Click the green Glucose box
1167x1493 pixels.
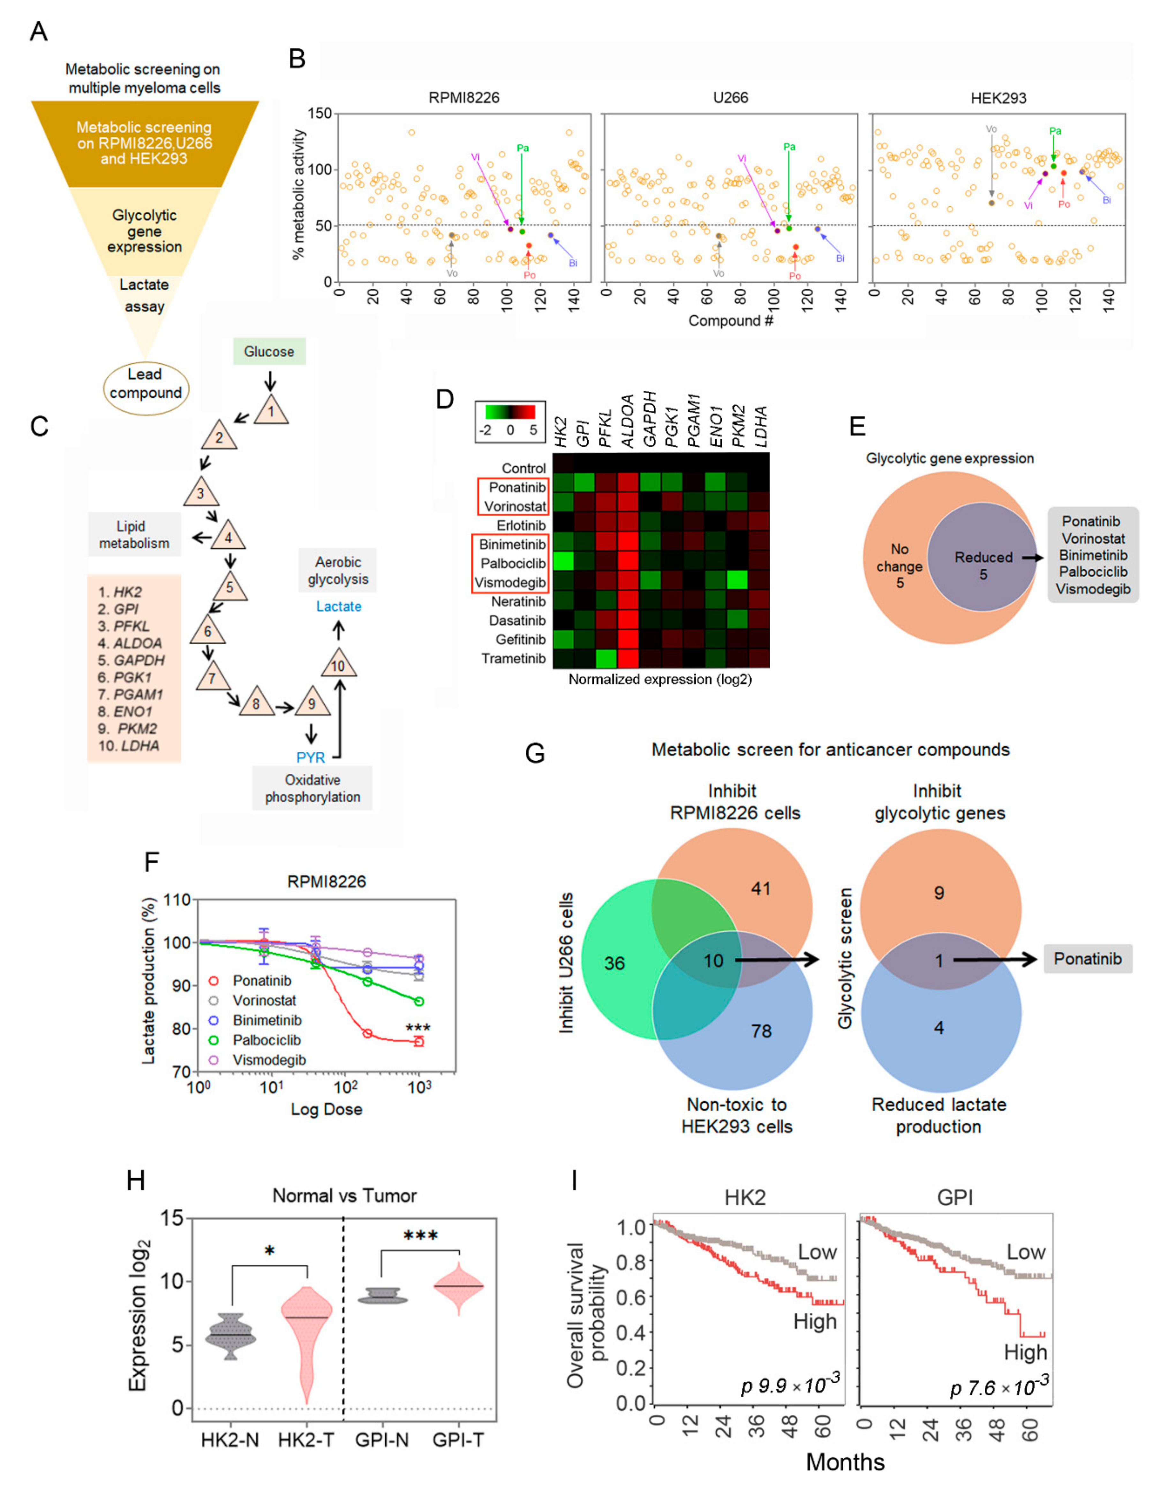pyautogui.click(x=269, y=351)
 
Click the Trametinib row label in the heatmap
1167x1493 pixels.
pyautogui.click(x=513, y=658)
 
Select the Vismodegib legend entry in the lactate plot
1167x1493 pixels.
pyautogui.click(x=269, y=1060)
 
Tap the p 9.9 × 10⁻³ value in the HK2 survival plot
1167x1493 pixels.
pyautogui.click(x=790, y=1386)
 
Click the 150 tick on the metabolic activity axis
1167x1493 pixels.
pyautogui.click(x=320, y=114)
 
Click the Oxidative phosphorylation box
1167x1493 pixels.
pyautogui.click(x=312, y=788)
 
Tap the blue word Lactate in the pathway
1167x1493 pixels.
pyautogui.click(x=339, y=606)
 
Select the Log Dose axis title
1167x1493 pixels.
pyautogui.click(x=326, y=1109)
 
